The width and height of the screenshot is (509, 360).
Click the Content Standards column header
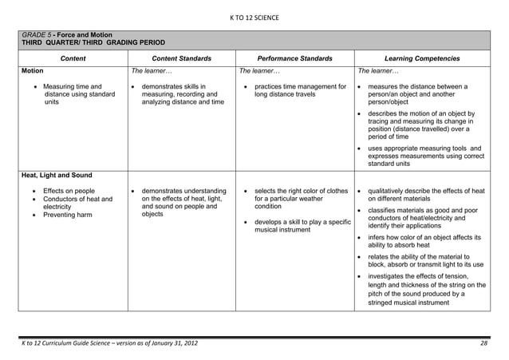tap(182, 58)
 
